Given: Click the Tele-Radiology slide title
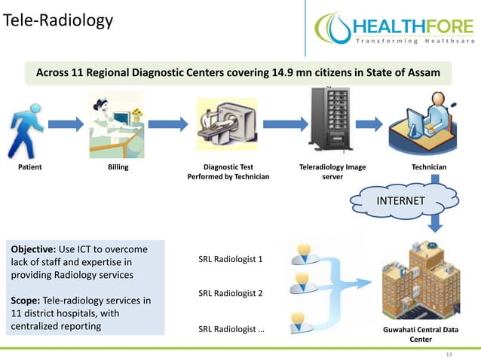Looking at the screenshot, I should tap(57, 20).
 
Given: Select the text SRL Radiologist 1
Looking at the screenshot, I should tap(231, 260).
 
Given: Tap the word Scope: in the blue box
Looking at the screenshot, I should tap(26, 300).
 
